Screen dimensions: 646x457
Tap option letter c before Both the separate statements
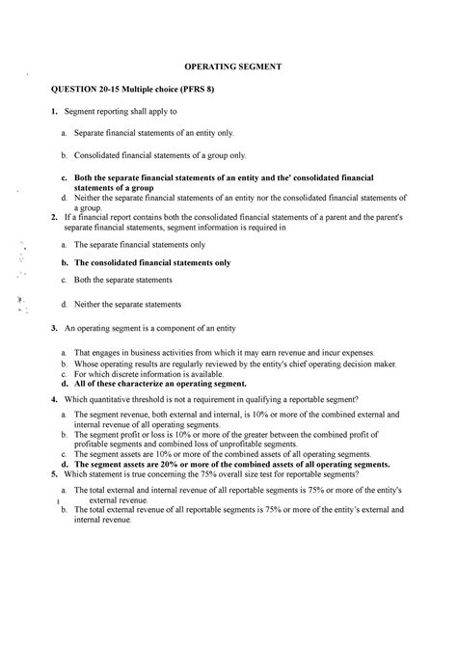(64, 280)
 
